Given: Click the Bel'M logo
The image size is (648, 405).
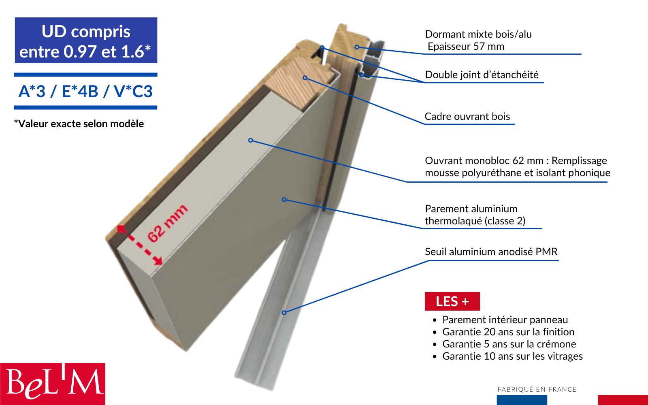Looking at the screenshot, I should coord(53,383).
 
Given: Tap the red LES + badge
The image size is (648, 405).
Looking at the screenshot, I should coord(452,301).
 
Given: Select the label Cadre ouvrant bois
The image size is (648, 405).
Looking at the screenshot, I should coord(467,117).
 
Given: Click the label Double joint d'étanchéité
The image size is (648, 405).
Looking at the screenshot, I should coord(482,75).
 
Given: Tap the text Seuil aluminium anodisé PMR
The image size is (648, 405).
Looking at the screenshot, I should coord(491,252).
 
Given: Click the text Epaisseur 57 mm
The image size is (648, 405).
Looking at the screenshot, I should coord(466,47).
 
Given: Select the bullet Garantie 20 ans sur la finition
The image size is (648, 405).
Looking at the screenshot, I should coord(508,332).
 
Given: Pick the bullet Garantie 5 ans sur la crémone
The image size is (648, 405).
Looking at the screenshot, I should coord(509,344).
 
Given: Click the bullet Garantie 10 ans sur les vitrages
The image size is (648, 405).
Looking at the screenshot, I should coord(512,356).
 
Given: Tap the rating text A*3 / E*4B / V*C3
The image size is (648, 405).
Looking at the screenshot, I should coord(85,92).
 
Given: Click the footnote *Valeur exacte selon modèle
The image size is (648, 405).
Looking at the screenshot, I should coord(79,124).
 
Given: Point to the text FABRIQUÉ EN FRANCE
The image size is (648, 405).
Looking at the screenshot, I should coord(537,389).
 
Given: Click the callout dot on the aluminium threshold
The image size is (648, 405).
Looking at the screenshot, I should coord(284,313).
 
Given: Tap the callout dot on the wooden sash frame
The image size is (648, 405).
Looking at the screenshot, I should coord(305,78).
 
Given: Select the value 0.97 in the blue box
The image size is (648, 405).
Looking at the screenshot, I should coord(80,52).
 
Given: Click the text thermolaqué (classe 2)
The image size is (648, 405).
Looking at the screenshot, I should coord(475,221).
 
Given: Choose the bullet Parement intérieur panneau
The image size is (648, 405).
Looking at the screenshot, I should coord(505,320).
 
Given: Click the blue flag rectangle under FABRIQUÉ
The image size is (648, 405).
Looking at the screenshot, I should coord(522,400).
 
